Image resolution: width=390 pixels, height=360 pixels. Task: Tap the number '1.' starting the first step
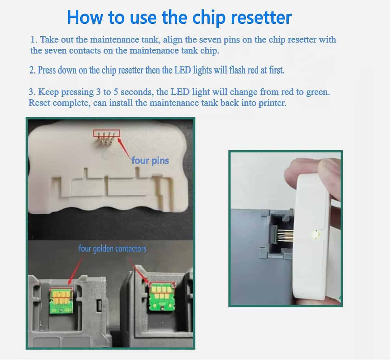[34, 40]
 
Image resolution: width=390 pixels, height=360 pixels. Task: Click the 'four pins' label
[150, 160]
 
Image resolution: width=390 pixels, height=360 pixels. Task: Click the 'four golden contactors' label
[112, 249]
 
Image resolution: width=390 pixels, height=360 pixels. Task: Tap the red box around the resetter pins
[106, 133]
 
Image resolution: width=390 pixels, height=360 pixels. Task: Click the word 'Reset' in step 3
[39, 103]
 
